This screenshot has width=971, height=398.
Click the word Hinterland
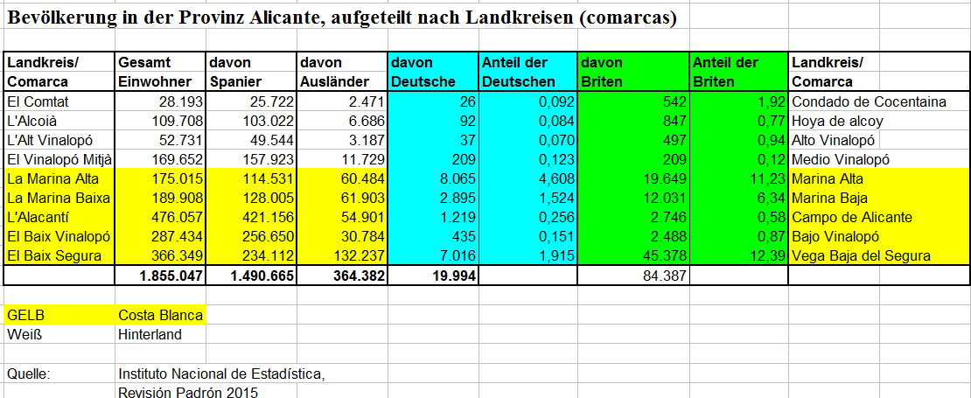pyautogui.click(x=150, y=334)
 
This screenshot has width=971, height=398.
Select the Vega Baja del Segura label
pyautogui.click(x=861, y=255)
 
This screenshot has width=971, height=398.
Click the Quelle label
pyautogui.click(x=28, y=374)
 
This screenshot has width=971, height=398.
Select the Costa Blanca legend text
pyautogui.click(x=160, y=315)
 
